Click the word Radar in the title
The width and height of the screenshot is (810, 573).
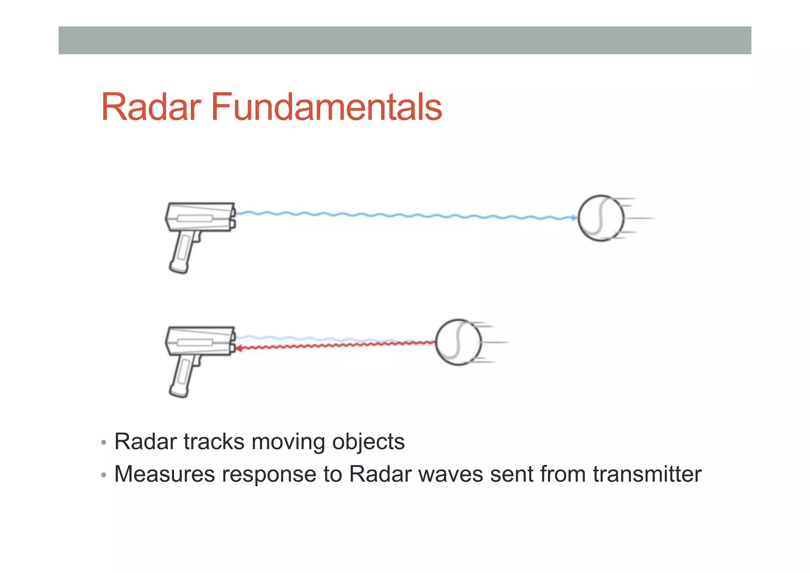151,107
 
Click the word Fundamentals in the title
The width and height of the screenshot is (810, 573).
326,107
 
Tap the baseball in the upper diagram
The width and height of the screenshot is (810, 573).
601,218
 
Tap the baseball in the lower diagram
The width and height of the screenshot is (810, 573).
458,342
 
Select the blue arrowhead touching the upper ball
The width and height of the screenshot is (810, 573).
574,218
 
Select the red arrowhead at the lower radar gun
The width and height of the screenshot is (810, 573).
238,348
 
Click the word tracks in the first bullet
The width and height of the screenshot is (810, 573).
214,442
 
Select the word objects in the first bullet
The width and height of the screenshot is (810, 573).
368,442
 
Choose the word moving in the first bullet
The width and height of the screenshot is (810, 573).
288,442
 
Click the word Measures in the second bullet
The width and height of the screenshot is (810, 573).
164,474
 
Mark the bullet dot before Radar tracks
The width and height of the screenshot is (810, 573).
104,442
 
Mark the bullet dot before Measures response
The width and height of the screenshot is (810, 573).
104,475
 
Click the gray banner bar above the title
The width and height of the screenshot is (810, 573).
405,40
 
